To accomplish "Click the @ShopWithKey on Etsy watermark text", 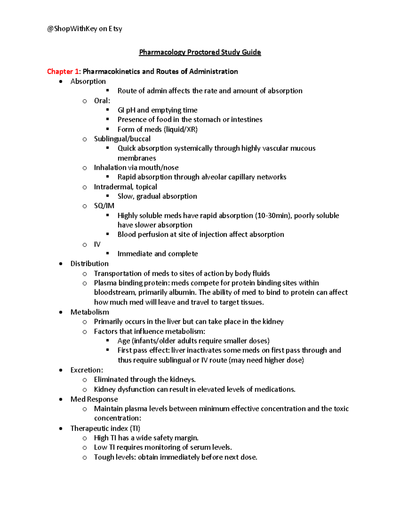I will point(85,29).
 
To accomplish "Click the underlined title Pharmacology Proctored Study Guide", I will point(200,52).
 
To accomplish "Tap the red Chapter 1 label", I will point(63,71).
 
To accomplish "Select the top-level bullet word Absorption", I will point(88,81).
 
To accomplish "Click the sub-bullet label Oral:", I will point(102,101).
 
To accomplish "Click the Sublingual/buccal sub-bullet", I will point(122,139).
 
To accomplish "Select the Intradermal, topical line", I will point(125,187).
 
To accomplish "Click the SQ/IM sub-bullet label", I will point(104,206).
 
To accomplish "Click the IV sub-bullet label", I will point(97,244).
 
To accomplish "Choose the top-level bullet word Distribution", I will point(89,264).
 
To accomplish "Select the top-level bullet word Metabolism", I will point(90,312).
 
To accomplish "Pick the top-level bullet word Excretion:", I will point(87,370).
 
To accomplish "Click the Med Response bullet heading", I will point(94,399).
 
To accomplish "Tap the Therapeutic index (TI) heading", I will point(105,428).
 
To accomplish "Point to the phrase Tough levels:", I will point(115,457).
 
